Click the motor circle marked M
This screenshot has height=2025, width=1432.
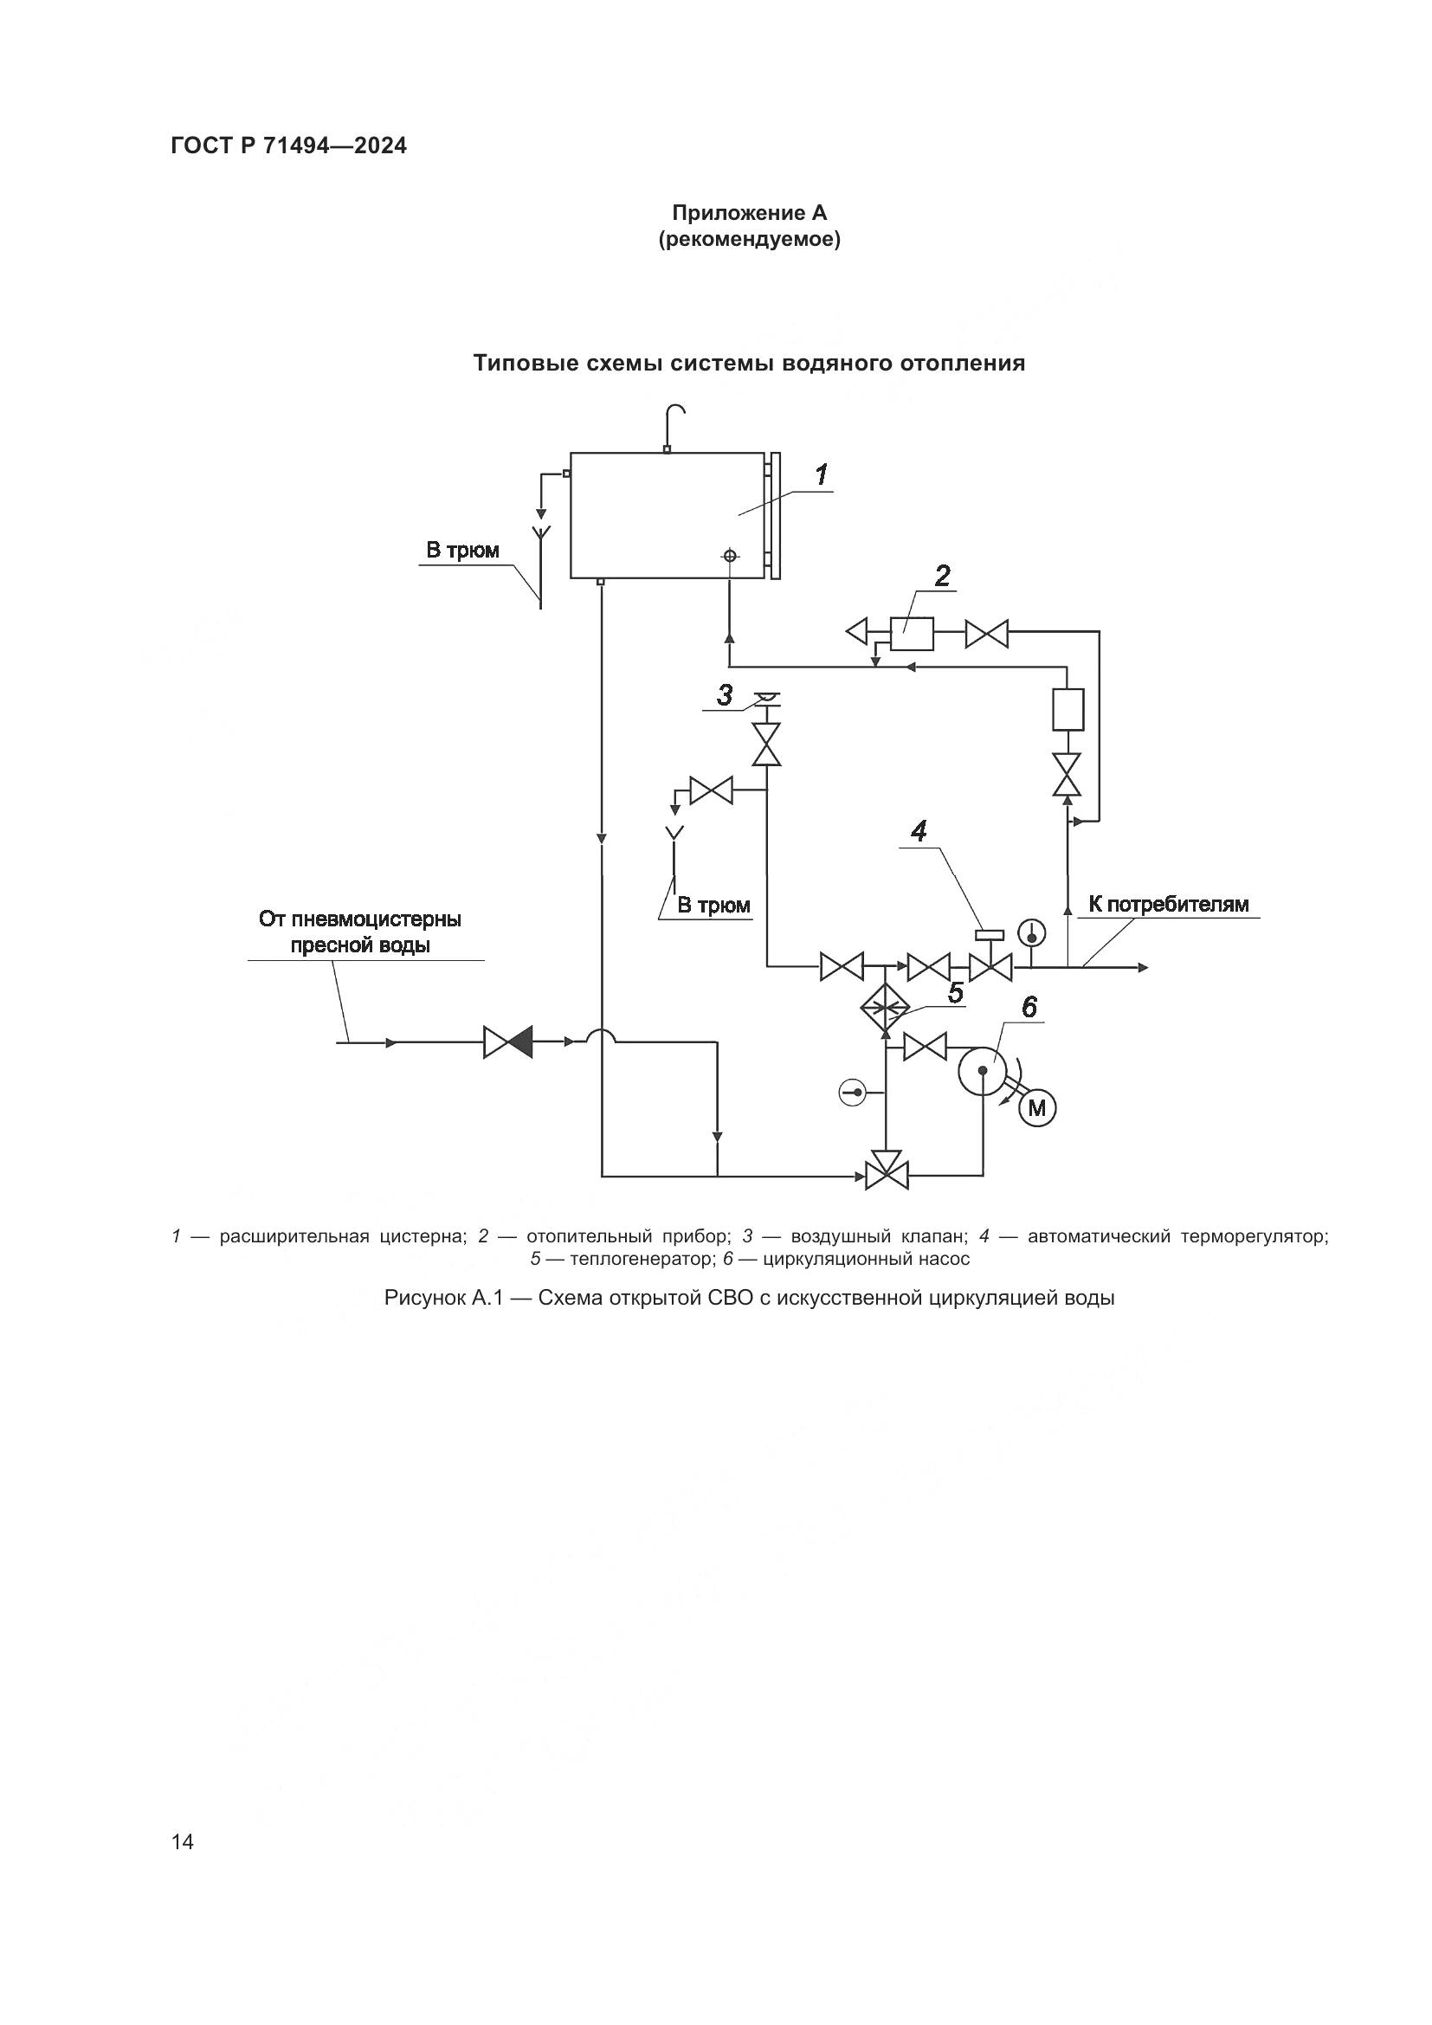tap(1037, 1107)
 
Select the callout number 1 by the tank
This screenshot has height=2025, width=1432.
tap(821, 475)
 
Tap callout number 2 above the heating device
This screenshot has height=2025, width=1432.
tap(943, 577)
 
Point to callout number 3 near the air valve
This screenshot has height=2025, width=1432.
tap(725, 696)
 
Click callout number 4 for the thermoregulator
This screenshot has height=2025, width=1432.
tap(919, 831)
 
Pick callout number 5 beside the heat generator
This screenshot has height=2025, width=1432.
tap(955, 993)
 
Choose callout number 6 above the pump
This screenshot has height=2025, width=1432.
tap(1029, 1007)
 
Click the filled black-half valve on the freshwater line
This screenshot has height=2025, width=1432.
tap(509, 1042)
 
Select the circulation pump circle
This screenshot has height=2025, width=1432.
tap(983, 1071)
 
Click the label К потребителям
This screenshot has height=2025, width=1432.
tap(1168, 904)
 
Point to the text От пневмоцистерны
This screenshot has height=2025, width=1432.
tap(360, 919)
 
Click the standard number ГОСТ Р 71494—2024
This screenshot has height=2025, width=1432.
tap(289, 146)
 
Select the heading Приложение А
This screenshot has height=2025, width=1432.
tap(750, 213)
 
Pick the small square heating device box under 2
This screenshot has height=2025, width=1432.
tap(912, 632)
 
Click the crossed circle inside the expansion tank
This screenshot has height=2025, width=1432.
tap(729, 556)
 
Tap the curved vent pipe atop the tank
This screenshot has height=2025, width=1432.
tap(674, 423)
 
